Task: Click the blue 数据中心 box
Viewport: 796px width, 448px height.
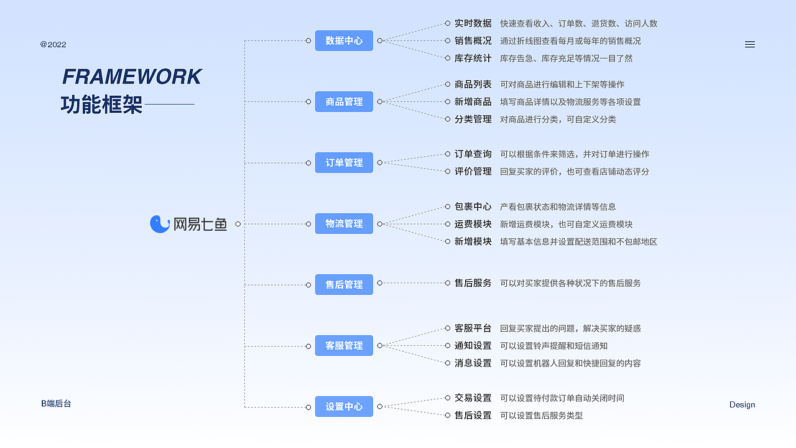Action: (344, 40)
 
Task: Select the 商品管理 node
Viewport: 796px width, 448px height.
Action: (344, 101)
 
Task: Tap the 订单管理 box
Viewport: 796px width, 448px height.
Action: (344, 162)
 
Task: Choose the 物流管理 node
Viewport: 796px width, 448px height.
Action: (344, 223)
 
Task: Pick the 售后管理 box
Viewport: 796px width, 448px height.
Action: (344, 284)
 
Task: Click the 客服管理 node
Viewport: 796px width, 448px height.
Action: (344, 345)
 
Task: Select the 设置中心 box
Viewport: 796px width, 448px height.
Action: (344, 406)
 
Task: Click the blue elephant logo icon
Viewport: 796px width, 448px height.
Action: (160, 224)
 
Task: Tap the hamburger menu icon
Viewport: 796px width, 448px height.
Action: (750, 44)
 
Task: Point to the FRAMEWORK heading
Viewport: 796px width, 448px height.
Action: (132, 77)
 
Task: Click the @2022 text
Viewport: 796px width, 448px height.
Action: (53, 44)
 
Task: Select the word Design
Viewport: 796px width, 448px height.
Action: (742, 404)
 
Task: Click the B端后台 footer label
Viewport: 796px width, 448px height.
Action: (57, 403)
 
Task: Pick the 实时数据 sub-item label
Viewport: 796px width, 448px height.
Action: (473, 23)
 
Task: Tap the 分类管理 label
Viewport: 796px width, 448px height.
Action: (473, 119)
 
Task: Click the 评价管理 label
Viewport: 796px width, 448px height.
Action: (473, 171)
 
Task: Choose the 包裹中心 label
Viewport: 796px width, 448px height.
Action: (473, 207)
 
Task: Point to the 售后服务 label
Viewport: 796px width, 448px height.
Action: (473, 282)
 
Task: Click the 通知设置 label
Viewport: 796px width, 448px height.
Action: (473, 345)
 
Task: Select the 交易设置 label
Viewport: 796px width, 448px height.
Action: (473, 398)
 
